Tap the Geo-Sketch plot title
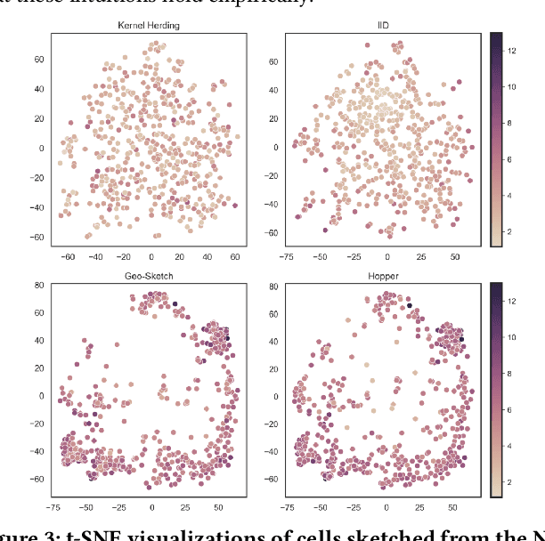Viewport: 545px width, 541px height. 148,277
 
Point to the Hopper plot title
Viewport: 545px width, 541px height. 385,277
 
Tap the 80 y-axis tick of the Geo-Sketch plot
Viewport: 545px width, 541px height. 38,286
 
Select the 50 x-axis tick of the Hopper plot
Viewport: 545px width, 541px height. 455,507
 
